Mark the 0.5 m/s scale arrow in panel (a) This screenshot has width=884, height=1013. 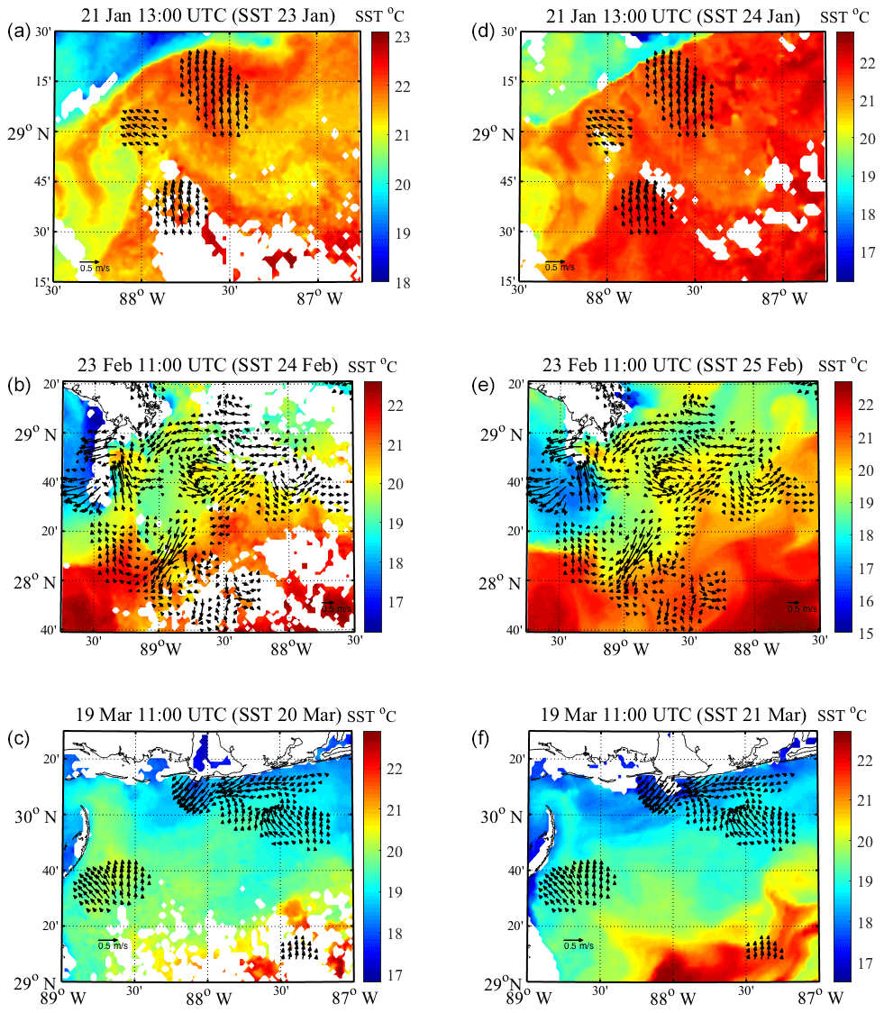click(x=90, y=261)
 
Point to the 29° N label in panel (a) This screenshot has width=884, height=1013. click(x=31, y=132)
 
